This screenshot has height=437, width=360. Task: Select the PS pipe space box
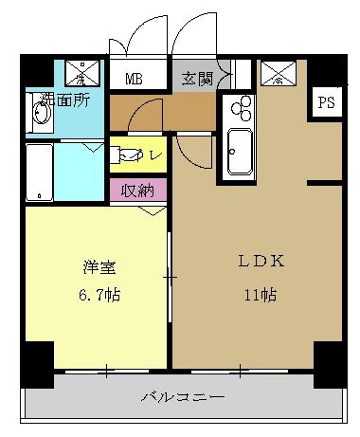pyautogui.click(x=325, y=102)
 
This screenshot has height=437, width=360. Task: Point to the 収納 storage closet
pyautogui.click(x=138, y=190)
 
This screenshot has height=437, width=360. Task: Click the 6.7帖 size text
pyautogui.click(x=93, y=294)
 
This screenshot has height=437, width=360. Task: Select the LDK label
pyautogui.click(x=254, y=263)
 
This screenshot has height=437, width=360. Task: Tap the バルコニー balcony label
pyautogui.click(x=184, y=396)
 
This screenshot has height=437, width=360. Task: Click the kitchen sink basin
pyautogui.click(x=238, y=152)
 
